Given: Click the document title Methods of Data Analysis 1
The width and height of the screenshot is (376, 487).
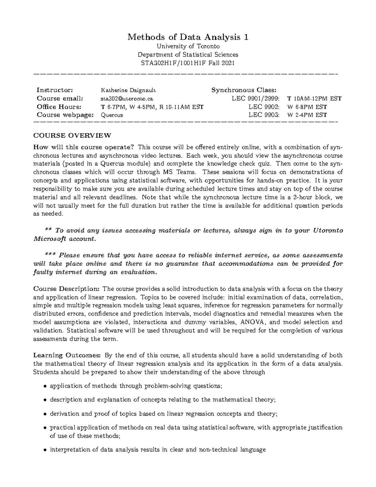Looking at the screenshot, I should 188,37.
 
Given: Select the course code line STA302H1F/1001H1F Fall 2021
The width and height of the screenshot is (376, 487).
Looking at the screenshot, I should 188,63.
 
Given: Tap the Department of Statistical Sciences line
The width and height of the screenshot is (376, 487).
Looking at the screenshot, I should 188,55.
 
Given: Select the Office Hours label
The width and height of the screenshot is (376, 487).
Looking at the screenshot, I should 59,107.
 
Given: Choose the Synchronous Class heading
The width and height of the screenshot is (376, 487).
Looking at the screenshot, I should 244,90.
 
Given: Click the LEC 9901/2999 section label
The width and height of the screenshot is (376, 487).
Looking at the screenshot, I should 257,99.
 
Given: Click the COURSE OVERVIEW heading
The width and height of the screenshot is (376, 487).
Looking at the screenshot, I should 72,136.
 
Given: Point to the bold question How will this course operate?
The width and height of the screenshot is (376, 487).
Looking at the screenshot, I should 84,147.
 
